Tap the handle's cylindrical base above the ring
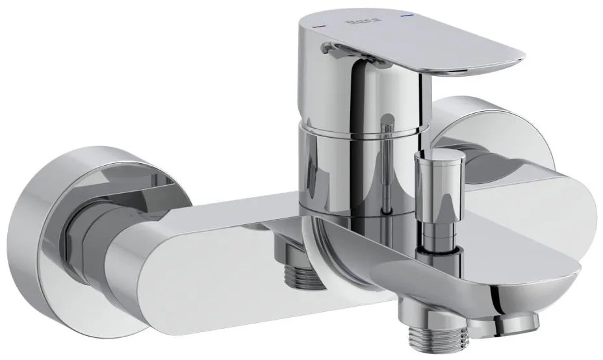[x=351, y=97]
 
